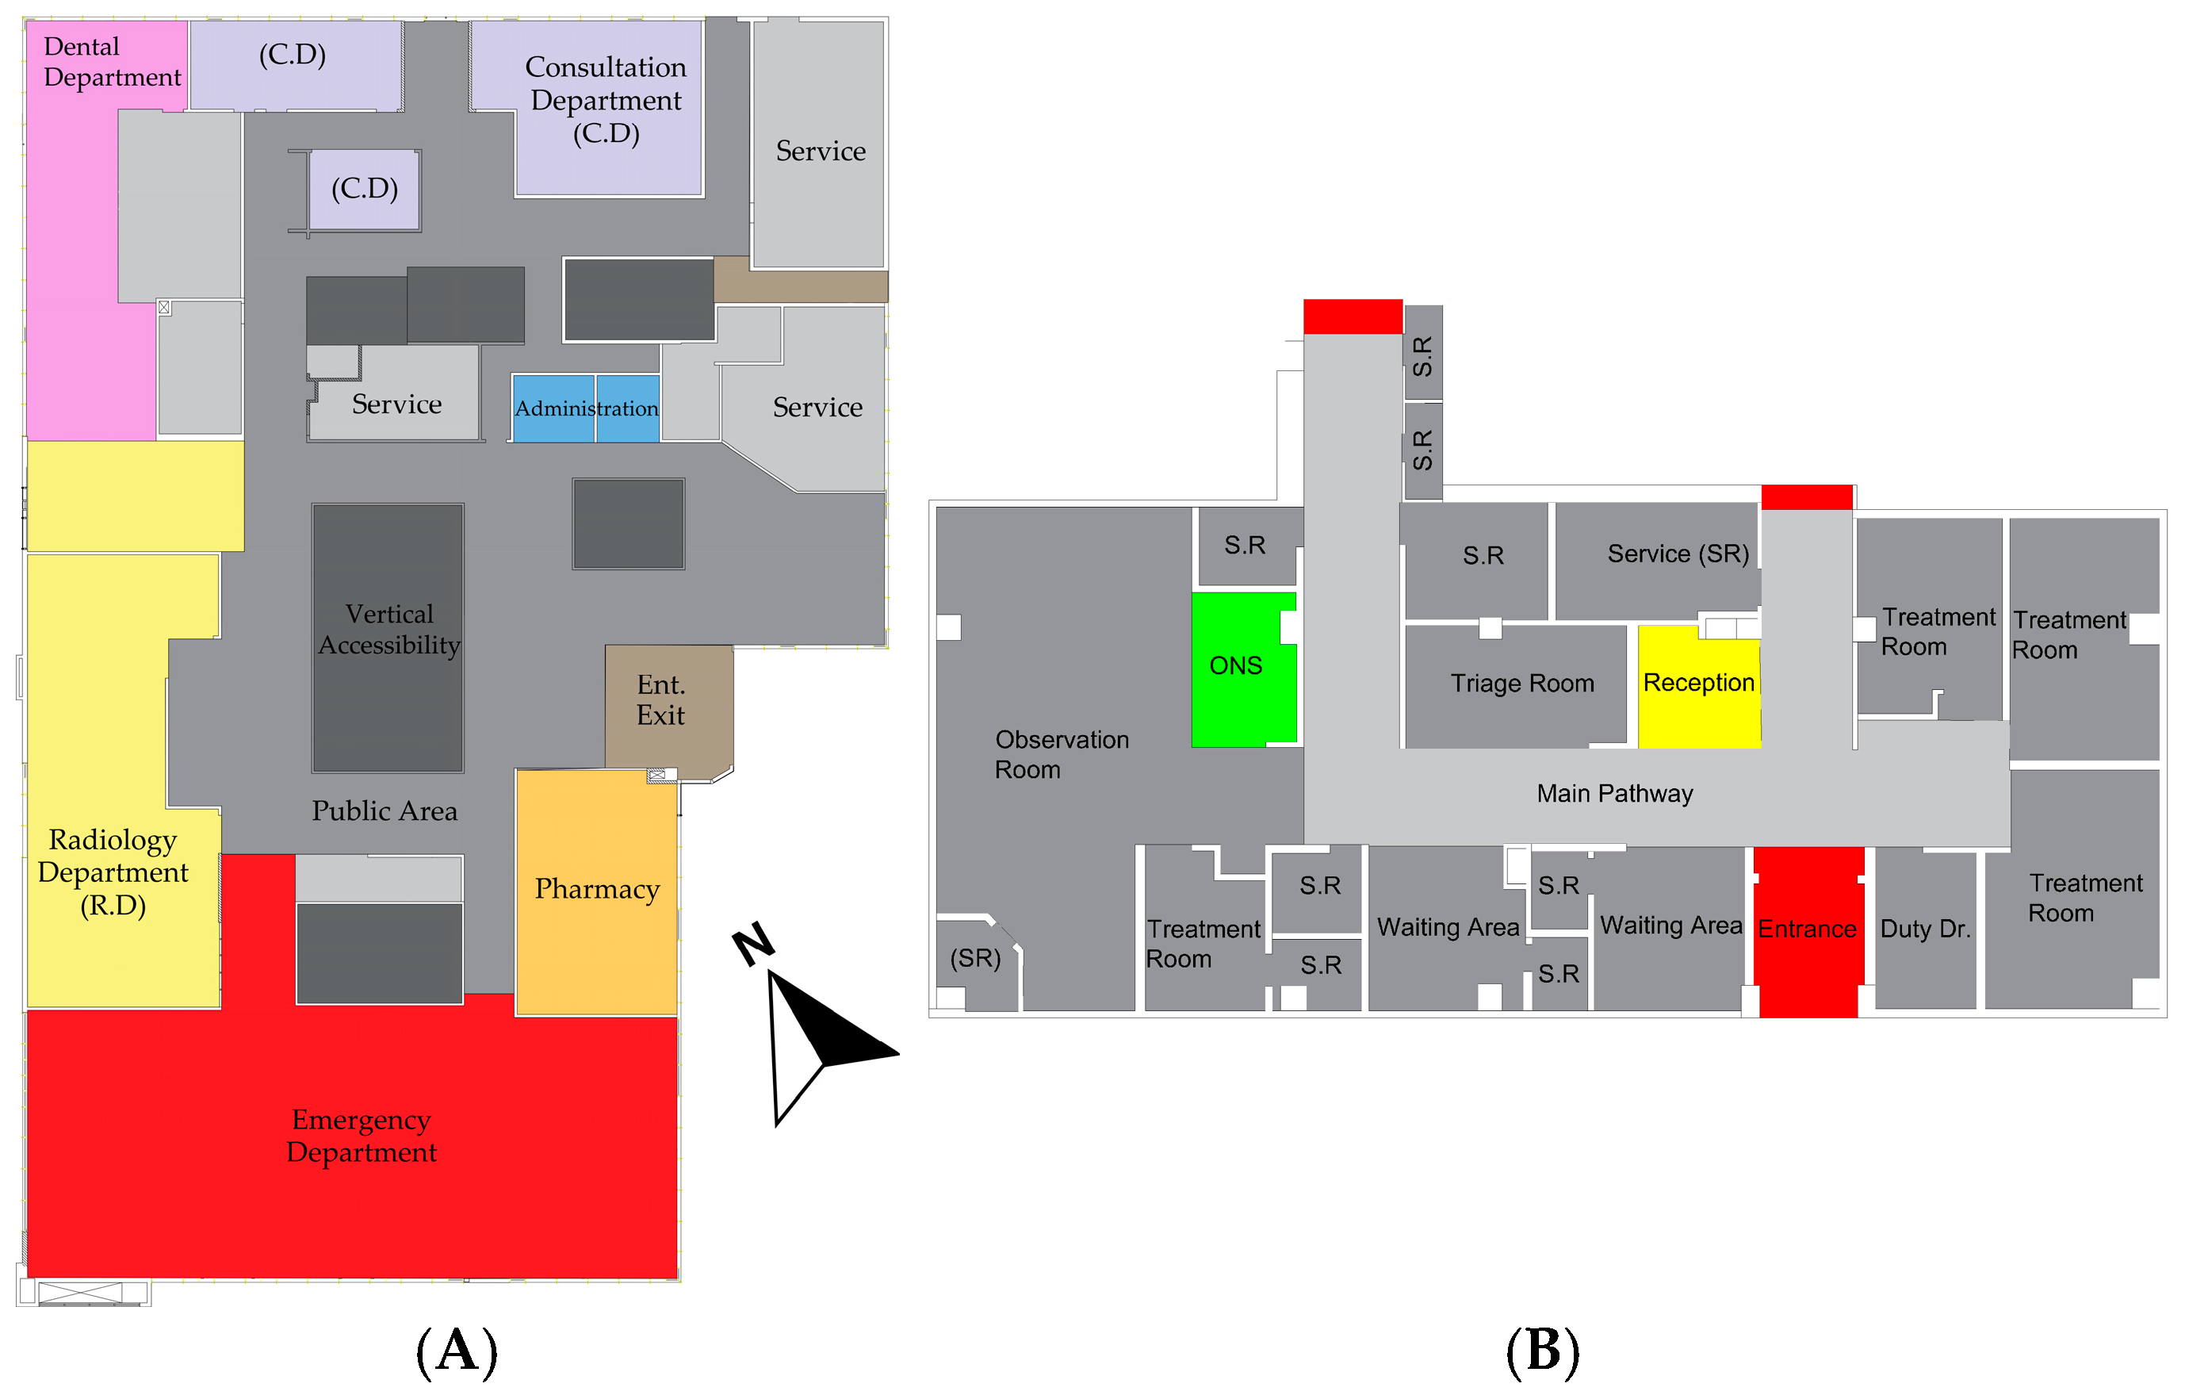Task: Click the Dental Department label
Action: [x=112, y=62]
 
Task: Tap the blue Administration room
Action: [x=586, y=408]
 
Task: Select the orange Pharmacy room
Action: [x=596, y=891]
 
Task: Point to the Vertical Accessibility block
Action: [x=388, y=630]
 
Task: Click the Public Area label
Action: [x=384, y=811]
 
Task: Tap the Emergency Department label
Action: [x=362, y=1136]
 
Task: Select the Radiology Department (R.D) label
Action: [x=113, y=872]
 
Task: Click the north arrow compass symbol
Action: [x=798, y=1025]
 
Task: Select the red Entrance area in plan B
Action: [x=1808, y=930]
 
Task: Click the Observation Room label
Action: [x=1061, y=755]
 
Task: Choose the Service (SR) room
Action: [x=1677, y=554]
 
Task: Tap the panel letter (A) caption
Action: [x=457, y=1351]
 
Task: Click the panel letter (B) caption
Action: [x=1543, y=1351]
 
